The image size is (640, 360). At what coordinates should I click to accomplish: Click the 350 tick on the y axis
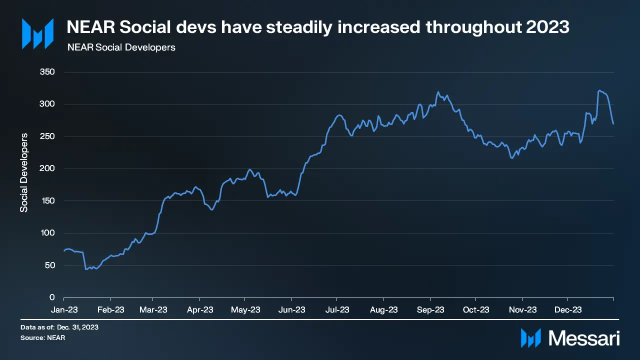click(47, 72)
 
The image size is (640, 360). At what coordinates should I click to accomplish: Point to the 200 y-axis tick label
click(47, 168)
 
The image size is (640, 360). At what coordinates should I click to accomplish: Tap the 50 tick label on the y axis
click(49, 265)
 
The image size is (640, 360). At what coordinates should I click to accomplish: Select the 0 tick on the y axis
click(52, 297)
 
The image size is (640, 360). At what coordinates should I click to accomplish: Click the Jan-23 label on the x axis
click(64, 310)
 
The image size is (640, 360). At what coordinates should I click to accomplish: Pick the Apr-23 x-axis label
click(200, 310)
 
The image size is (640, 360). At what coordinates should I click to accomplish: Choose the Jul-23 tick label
click(337, 310)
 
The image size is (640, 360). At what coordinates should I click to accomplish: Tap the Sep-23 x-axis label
click(430, 310)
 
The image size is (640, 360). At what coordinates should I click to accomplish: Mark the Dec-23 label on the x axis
click(568, 310)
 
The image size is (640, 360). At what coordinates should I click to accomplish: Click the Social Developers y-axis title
click(24, 172)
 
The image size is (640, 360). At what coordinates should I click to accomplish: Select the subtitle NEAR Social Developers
click(121, 48)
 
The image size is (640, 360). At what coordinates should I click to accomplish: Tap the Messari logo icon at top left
click(37, 34)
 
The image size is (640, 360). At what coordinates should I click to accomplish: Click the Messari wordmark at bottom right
click(584, 338)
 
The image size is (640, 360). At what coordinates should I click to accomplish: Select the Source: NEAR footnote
click(43, 338)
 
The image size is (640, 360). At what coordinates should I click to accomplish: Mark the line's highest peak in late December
click(599, 90)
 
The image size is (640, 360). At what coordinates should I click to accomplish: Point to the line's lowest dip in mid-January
click(86, 269)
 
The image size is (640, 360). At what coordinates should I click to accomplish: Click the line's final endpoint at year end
click(613, 124)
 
